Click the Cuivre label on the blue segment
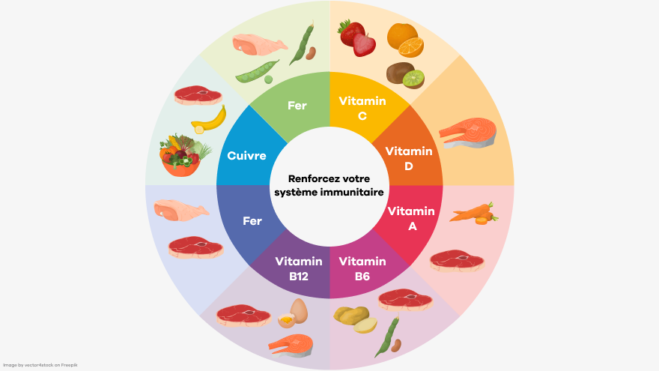click(246, 156)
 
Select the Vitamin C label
click(362, 108)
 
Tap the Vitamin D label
click(409, 158)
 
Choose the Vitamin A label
click(411, 218)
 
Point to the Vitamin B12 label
click(298, 268)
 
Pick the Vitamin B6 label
click(362, 268)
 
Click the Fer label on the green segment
click(297, 106)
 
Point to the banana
click(209, 120)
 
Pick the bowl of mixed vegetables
click(184, 155)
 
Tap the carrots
click(474, 212)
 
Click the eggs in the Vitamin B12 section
click(293, 313)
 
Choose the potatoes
click(356, 319)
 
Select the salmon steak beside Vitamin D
click(467, 133)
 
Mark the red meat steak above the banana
click(198, 95)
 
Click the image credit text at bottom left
click(40, 365)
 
